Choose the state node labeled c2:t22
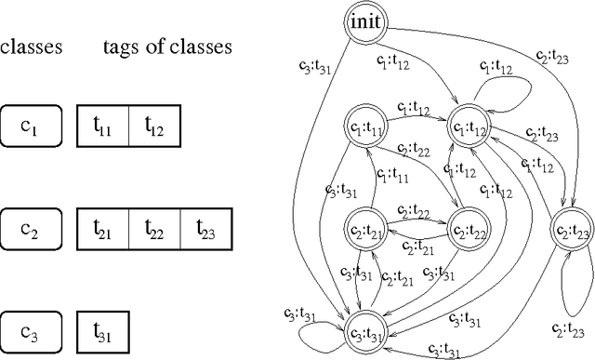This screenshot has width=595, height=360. [x=470, y=226]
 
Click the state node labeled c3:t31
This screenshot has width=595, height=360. [x=367, y=330]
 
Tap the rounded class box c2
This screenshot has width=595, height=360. [x=31, y=226]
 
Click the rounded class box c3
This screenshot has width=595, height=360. [x=31, y=329]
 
